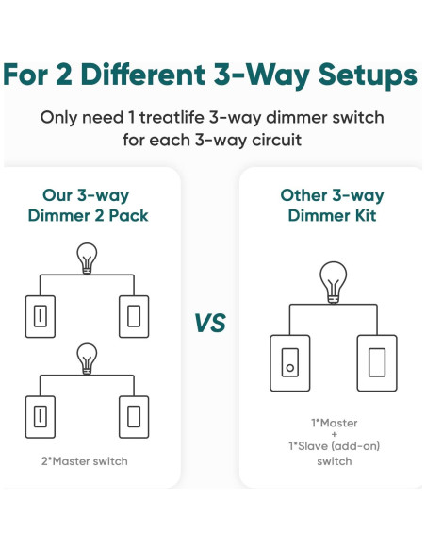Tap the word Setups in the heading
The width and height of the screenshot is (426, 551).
tap(369, 76)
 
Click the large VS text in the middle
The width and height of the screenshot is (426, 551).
tap(210, 323)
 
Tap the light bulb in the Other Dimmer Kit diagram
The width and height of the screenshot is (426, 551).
tap(334, 282)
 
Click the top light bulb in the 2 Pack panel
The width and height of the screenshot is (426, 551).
tap(87, 259)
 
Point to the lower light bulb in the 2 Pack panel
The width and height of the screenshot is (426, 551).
tap(87, 359)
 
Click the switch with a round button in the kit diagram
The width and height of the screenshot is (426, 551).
tap(290, 363)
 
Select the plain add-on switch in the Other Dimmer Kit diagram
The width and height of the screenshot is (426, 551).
tap(377, 363)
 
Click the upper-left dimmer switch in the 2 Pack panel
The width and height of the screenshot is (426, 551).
tap(41, 317)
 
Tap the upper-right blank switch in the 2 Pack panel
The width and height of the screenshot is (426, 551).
tap(134, 317)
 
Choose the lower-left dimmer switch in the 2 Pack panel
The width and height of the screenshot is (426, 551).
tap(41, 417)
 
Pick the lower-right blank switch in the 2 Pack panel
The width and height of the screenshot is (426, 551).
tap(134, 417)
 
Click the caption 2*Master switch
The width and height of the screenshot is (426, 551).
tap(85, 461)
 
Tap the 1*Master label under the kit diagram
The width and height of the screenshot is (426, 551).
tap(335, 423)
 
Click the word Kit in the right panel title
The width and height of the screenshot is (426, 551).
tap(366, 215)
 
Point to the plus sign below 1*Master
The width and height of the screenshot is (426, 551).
tap(334, 435)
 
